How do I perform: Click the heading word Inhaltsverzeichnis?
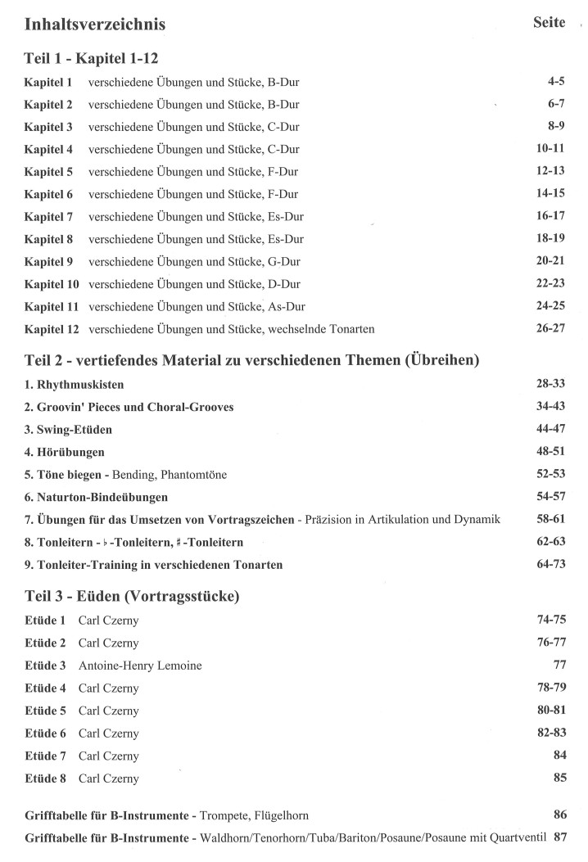click(95, 25)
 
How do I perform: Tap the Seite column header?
click(549, 23)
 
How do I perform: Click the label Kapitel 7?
click(48, 217)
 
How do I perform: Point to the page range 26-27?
click(548, 329)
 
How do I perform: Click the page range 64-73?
click(548, 564)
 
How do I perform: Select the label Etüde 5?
click(46, 711)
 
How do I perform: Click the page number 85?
click(559, 778)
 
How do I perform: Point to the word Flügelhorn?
click(279, 815)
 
